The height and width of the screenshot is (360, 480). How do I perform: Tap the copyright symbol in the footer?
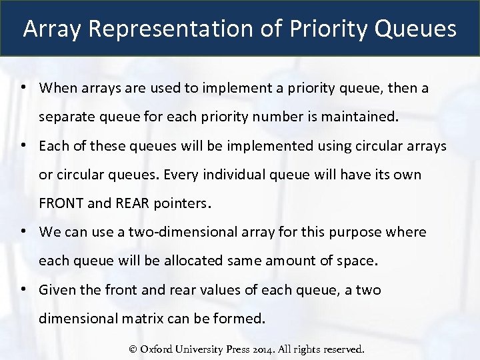[x=133, y=349]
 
